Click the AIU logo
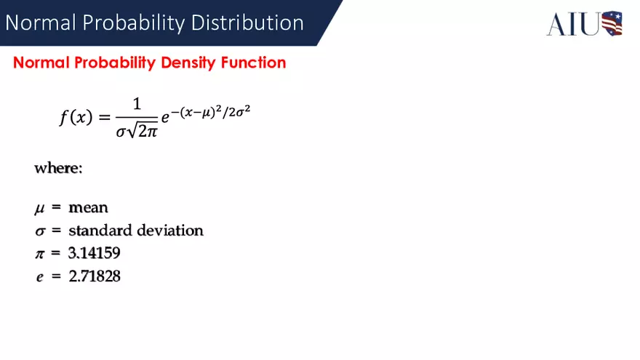[585, 23]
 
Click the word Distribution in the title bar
[247, 23]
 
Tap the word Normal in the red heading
[41, 63]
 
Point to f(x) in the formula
[76, 117]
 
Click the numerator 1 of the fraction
[137, 104]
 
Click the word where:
[59, 168]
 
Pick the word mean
[88, 208]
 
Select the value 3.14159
[95, 253]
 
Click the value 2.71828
[95, 276]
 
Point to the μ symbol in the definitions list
[39, 209]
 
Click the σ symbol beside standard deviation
[40, 232]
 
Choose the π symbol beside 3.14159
[40, 254]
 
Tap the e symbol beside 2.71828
[39, 277]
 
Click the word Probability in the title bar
[136, 23]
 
